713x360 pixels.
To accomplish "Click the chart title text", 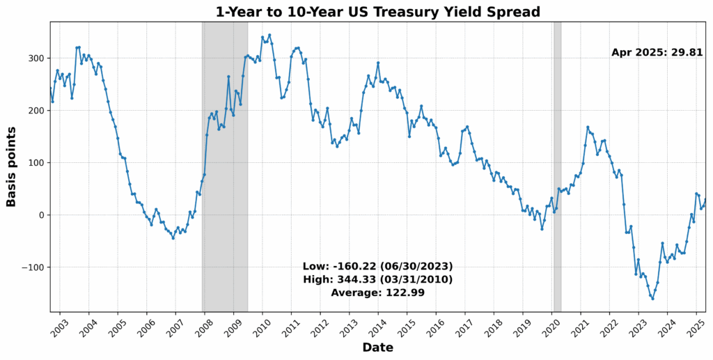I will click(x=378, y=11).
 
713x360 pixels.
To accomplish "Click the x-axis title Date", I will click(x=377, y=347).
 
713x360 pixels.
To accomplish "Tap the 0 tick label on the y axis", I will click(x=42, y=215).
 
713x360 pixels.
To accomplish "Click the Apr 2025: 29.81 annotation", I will click(x=657, y=52).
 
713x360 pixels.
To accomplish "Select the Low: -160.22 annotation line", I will click(x=377, y=267).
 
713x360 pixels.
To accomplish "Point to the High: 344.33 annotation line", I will click(x=377, y=279).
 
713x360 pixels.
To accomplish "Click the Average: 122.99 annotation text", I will click(x=377, y=292).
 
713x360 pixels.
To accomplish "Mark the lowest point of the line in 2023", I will click(x=652, y=299).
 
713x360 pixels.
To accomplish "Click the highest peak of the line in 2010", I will click(x=269, y=35).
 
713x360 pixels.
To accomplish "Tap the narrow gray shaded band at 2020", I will click(x=557, y=167).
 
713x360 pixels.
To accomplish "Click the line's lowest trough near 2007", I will click(x=173, y=238).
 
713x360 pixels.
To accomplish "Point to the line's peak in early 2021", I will click(x=588, y=127).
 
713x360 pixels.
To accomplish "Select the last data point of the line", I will click(x=705, y=200).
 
